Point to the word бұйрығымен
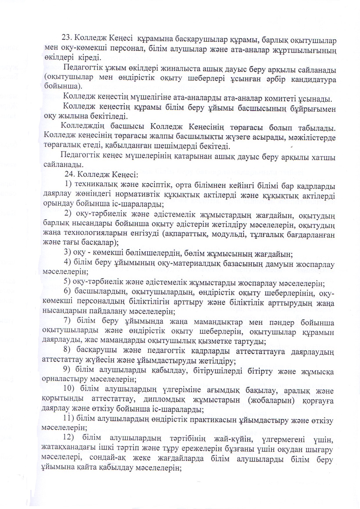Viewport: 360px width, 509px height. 312,109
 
